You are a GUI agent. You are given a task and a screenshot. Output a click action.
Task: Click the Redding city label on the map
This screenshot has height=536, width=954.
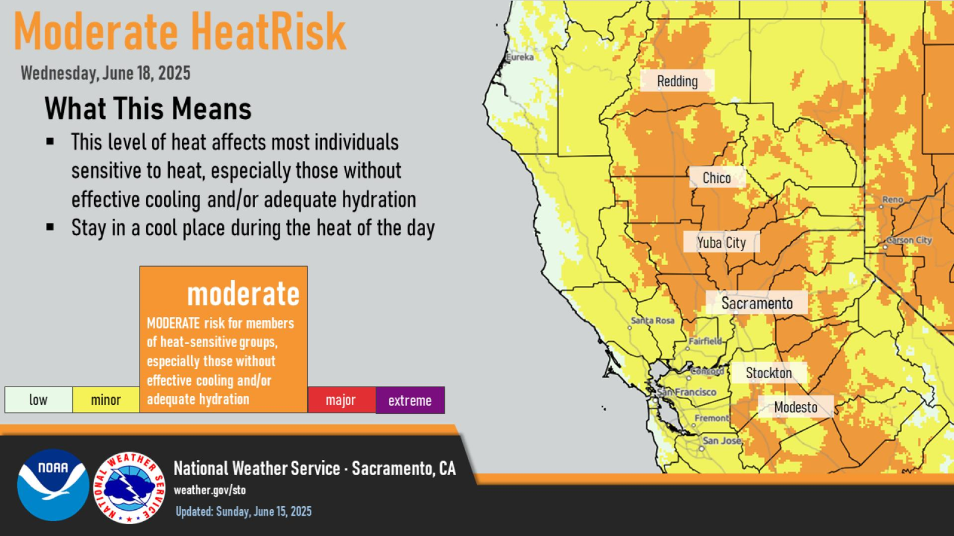pyautogui.click(x=677, y=81)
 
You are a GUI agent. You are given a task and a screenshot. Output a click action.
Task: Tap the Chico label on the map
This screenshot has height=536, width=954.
pyautogui.click(x=717, y=177)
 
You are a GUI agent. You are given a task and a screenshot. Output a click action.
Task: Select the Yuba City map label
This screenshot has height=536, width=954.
pyautogui.click(x=721, y=242)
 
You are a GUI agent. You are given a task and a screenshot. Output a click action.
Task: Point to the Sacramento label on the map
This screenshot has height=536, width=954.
pyautogui.click(x=757, y=303)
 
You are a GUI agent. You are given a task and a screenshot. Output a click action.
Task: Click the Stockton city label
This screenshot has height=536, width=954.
pyautogui.click(x=769, y=373)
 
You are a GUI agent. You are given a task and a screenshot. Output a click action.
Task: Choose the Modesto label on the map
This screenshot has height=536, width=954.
pyautogui.click(x=795, y=407)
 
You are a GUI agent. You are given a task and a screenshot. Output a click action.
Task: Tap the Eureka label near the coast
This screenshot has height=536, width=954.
pyautogui.click(x=519, y=57)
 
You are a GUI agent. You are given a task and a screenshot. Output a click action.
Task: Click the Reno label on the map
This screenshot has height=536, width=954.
pyautogui.click(x=893, y=200)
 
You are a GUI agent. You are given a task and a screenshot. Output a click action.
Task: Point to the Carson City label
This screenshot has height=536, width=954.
pyautogui.click(x=909, y=241)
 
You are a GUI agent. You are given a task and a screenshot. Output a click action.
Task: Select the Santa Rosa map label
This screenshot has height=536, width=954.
pyautogui.click(x=652, y=320)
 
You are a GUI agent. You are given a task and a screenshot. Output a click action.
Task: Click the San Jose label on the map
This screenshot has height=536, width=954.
pyautogui.click(x=722, y=440)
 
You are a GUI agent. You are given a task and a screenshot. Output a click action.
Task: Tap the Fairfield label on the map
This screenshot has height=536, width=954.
pyautogui.click(x=705, y=341)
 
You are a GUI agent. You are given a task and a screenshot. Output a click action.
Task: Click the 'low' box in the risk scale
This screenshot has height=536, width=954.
pyautogui.click(x=38, y=400)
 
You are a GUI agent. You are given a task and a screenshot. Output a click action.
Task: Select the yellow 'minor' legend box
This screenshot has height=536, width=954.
pyautogui.click(x=106, y=400)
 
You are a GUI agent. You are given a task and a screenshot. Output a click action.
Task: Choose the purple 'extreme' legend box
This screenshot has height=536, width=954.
pyautogui.click(x=410, y=400)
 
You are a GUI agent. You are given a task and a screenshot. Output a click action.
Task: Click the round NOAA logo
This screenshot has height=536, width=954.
pyautogui.click(x=53, y=485)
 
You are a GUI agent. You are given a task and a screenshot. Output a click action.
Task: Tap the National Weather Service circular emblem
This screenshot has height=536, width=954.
pyautogui.click(x=129, y=488)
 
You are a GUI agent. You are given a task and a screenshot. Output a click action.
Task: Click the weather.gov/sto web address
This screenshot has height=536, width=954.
pyautogui.click(x=210, y=490)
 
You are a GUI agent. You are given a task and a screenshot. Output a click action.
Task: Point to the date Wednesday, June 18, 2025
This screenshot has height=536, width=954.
pyautogui.click(x=105, y=73)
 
